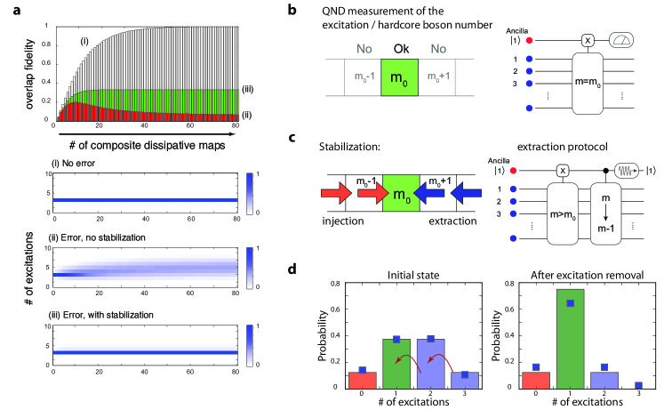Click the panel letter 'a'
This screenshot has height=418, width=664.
[8, 9]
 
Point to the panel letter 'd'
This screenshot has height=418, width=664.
[307, 261]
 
